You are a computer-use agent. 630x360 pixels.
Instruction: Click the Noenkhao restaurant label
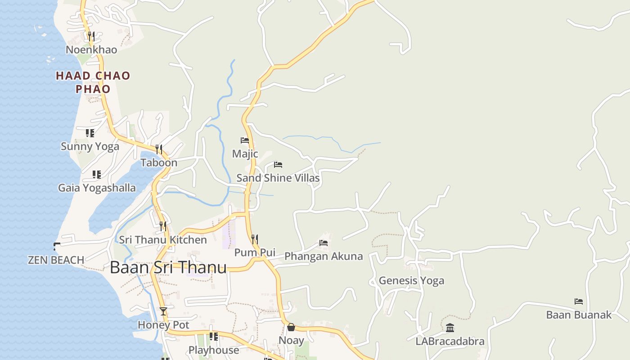pos(91,49)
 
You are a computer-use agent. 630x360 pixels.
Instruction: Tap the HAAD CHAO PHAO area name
pos(93,82)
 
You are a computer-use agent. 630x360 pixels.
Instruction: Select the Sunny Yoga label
pos(90,146)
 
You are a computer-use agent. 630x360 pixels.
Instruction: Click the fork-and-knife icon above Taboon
pos(158,149)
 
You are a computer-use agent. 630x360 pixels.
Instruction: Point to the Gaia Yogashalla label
pos(97,188)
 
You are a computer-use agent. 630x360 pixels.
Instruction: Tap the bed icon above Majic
pos(245,140)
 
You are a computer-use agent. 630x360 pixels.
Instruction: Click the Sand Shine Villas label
pos(278,178)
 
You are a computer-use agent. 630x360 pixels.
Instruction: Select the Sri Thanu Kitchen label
pos(163,240)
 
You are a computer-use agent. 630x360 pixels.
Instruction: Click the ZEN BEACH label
pos(56,260)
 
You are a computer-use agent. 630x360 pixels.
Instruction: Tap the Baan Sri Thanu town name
pos(168,267)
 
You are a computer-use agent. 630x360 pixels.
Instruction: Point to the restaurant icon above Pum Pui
pos(255,239)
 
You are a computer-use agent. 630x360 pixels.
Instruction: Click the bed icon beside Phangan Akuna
pos(324,243)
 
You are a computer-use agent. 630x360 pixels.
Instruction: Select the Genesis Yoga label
pos(411,280)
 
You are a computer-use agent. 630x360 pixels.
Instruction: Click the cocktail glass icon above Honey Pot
pos(163,311)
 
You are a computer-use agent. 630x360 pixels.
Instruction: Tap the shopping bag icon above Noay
pos(291,327)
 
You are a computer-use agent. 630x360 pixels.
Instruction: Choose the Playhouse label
pos(214,350)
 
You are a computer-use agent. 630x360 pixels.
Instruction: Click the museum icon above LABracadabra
pos(450,328)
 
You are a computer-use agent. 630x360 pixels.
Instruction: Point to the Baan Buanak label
pos(579,315)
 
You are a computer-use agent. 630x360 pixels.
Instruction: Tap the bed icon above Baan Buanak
pos(579,301)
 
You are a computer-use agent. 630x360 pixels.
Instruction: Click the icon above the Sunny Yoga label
pos(90,133)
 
